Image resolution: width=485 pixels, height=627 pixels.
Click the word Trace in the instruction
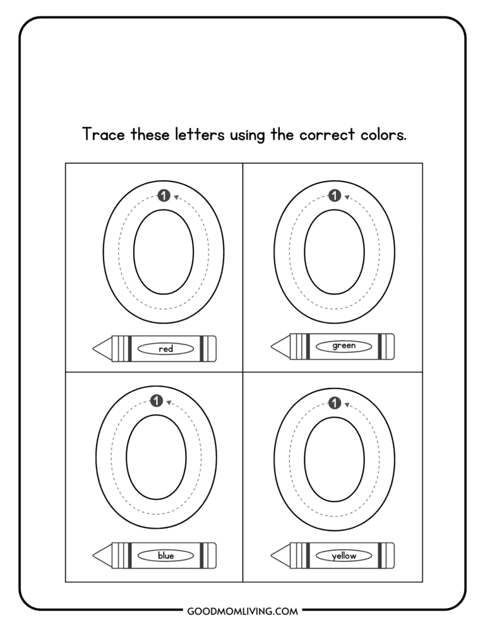(x=104, y=135)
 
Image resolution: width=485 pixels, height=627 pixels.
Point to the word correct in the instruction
(x=321, y=135)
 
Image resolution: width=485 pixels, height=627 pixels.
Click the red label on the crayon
(x=165, y=349)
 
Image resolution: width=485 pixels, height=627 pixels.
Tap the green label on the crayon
(x=344, y=346)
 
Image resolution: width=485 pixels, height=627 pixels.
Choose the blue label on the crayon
(x=165, y=556)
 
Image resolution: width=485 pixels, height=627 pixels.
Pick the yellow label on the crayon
(x=344, y=556)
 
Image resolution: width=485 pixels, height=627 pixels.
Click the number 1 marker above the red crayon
(x=164, y=196)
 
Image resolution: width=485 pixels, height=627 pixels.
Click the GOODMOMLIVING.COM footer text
(x=242, y=611)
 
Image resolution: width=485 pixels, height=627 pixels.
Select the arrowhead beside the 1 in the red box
(x=175, y=196)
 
